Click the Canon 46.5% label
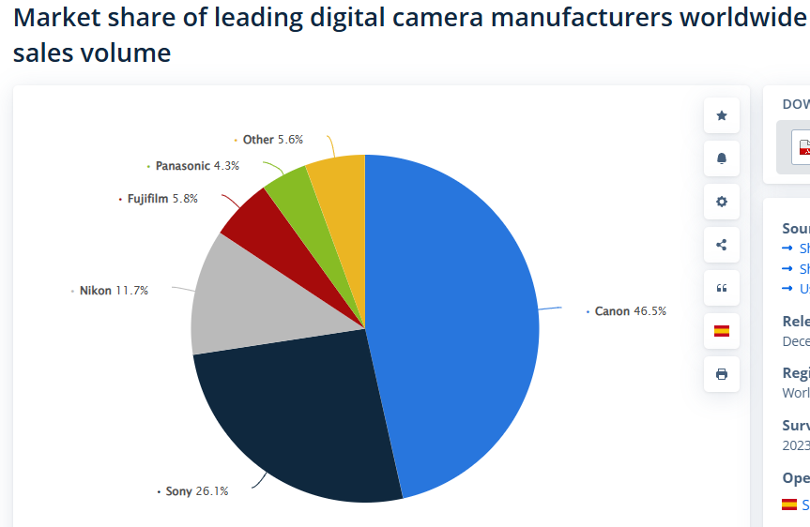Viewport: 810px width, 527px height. (x=630, y=310)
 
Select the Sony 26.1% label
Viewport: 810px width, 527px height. (x=196, y=490)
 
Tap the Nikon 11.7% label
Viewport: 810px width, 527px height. (x=113, y=291)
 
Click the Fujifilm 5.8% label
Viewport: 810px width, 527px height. (x=161, y=199)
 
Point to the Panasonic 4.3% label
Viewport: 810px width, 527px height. (x=196, y=166)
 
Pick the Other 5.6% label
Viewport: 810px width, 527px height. (x=272, y=140)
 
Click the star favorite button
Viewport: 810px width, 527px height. (x=722, y=115)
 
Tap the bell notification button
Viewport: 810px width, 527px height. (x=722, y=158)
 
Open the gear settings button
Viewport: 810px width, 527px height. (x=722, y=202)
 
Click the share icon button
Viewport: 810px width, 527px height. (x=722, y=245)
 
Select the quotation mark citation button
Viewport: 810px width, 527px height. (x=722, y=288)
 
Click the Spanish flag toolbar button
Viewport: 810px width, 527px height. (x=722, y=331)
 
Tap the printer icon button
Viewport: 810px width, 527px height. (x=722, y=374)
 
